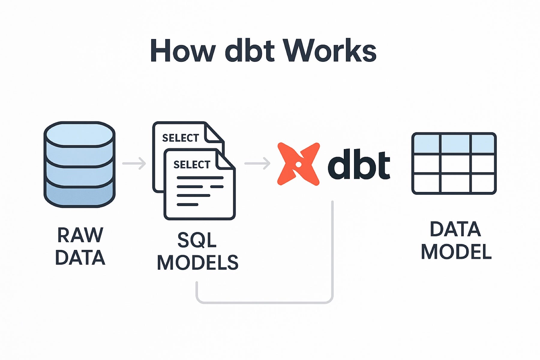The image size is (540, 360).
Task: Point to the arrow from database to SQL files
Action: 134,163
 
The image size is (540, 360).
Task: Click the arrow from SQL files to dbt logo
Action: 257,163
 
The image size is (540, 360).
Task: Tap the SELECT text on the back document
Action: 181,138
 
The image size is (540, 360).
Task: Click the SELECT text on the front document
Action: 192,164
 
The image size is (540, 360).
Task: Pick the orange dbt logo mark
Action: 298,164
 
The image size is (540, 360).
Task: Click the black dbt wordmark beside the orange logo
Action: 359,164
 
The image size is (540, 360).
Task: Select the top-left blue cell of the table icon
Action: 426,144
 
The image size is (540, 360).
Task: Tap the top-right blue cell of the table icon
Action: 483,144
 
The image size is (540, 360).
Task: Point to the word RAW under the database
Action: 80,235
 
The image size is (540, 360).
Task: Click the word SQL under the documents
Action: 197,240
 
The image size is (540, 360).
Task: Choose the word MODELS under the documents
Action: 197,263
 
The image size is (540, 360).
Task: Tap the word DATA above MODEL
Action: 455,229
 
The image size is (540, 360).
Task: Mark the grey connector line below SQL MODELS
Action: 264,302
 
